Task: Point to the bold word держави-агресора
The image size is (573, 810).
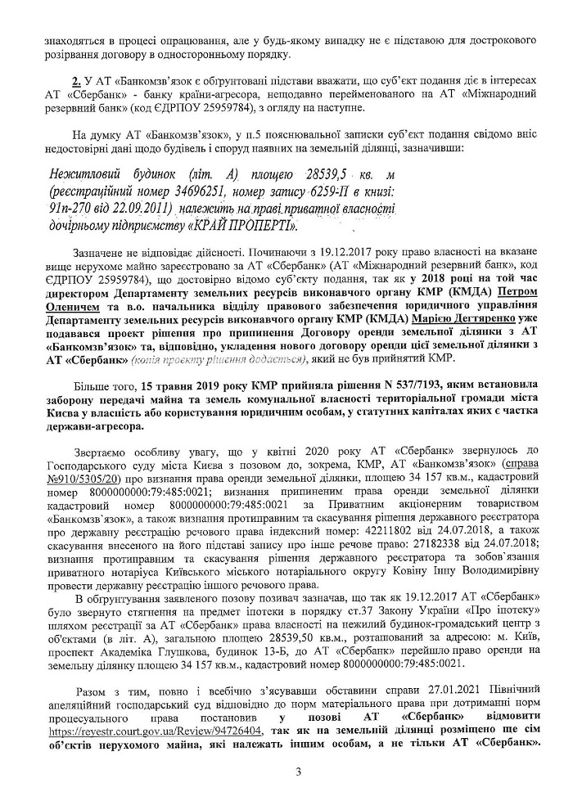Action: click(x=94, y=426)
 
